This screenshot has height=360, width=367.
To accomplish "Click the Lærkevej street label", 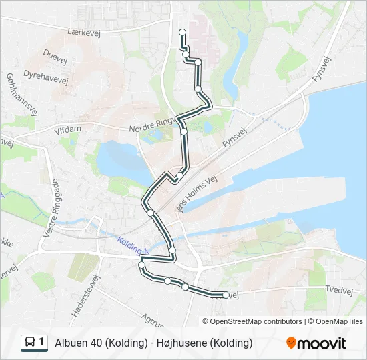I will pyautogui.click(x=83, y=31).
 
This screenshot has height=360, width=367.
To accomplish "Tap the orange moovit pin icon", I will pyautogui.click(x=291, y=343).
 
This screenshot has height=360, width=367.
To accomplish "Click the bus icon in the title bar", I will pyautogui.click(x=31, y=343).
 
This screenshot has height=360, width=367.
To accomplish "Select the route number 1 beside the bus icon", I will pyautogui.click(x=42, y=343).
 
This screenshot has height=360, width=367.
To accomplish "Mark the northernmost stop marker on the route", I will pyautogui.click(x=181, y=32).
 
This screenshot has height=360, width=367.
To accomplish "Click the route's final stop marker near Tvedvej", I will pyautogui.click(x=226, y=295).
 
